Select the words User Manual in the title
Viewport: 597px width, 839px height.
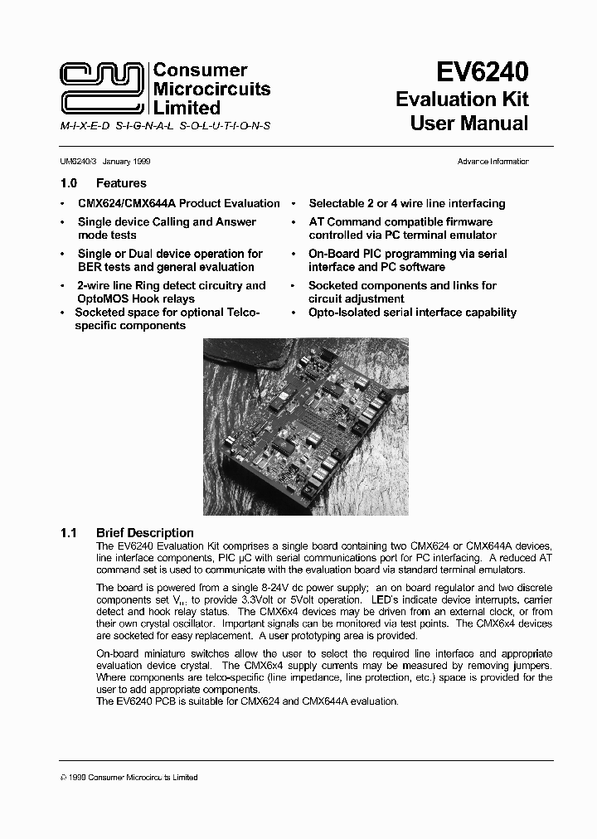(469, 124)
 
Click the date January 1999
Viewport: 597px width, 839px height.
(126, 162)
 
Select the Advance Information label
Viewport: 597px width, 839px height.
(493, 162)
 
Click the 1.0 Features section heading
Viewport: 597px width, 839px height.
(104, 183)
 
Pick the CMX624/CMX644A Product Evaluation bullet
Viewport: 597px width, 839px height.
(178, 203)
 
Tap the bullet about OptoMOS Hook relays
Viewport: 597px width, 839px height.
(171, 292)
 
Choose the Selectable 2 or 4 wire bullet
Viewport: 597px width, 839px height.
(406, 203)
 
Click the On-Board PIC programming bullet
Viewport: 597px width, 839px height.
(407, 260)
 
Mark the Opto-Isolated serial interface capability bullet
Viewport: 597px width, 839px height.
(412, 313)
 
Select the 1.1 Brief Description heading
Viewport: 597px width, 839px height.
(128, 532)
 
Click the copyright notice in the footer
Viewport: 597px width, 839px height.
(129, 777)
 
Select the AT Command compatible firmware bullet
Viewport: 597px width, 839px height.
(400, 221)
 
